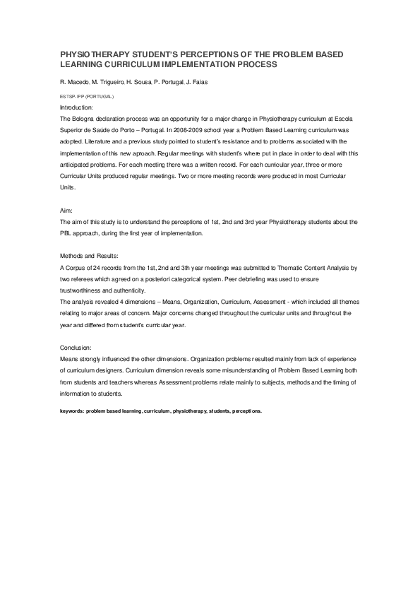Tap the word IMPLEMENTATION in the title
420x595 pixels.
tap(197, 64)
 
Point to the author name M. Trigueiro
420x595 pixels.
tap(107, 83)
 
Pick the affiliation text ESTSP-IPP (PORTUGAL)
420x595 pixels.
tap(87, 95)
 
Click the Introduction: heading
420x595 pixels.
tap(77, 107)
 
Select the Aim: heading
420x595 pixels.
tap(66, 210)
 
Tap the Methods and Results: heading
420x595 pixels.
tap(89, 256)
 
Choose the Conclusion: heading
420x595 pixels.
tap(76, 348)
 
